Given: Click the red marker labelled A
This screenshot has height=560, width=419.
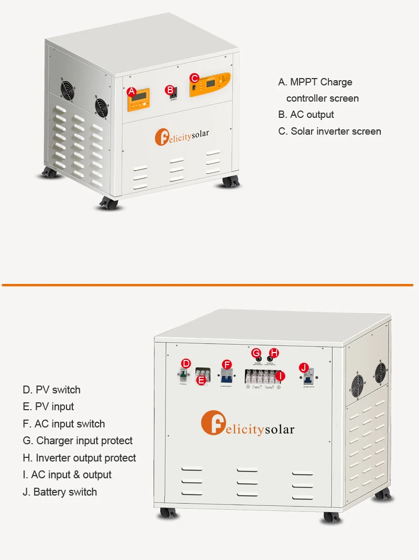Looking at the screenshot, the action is [131, 92].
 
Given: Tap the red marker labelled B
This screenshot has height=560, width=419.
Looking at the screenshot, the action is [170, 90].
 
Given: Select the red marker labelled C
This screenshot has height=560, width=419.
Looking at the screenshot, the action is [194, 78].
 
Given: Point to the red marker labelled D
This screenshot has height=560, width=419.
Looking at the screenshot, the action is [185, 363].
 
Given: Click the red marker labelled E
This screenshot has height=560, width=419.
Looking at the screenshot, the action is [201, 380].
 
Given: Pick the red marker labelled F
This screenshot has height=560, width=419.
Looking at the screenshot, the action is [227, 364].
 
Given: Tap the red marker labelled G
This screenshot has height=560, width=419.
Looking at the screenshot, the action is [256, 353].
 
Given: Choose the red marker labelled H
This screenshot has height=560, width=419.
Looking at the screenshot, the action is [273, 353].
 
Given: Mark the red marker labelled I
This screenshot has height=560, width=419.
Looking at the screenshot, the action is [280, 376].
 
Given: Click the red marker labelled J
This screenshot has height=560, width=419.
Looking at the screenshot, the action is [304, 368].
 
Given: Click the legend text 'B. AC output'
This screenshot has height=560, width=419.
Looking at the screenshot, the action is [306, 115].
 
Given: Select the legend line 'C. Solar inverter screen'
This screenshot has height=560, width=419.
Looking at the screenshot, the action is [329, 131].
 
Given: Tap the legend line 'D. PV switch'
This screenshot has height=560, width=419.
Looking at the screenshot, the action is [51, 390].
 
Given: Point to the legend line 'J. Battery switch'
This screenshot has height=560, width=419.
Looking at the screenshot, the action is [60, 492].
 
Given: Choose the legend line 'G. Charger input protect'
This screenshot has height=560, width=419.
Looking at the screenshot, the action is [78, 441].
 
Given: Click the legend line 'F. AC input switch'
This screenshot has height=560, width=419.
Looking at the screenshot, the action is [63, 424].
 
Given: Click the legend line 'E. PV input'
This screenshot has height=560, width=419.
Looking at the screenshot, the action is [48, 407].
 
